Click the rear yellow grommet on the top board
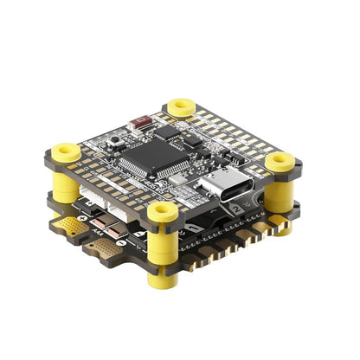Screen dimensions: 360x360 (181, 106)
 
